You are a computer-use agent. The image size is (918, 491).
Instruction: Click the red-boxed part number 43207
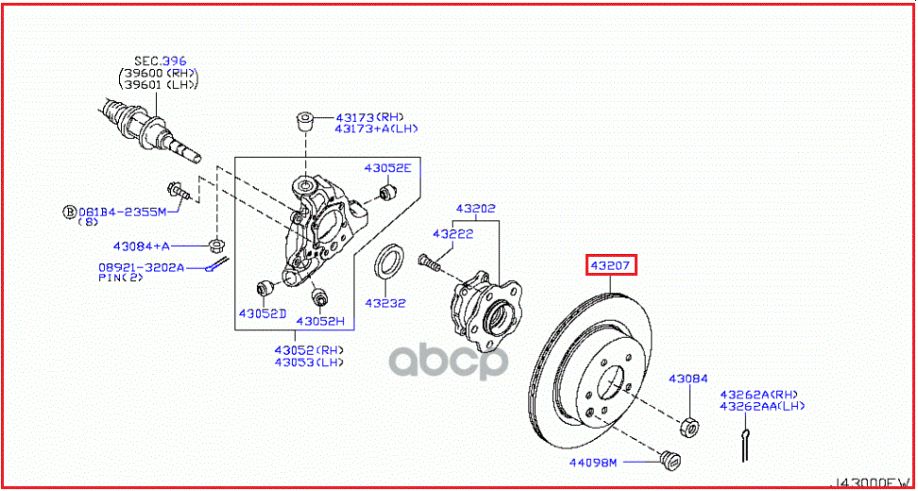(x=611, y=265)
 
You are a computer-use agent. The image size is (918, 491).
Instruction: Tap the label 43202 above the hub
(x=475, y=209)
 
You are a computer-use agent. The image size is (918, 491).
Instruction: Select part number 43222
(x=452, y=233)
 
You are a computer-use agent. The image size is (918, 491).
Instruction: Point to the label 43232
(x=387, y=303)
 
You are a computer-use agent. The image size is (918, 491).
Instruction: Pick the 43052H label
(x=321, y=321)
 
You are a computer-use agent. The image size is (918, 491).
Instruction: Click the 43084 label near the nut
(x=688, y=379)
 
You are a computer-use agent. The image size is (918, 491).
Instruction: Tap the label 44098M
(x=592, y=463)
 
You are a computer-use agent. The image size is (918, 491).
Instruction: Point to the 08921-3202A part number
(x=141, y=267)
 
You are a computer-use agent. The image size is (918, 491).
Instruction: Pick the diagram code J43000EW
(x=871, y=481)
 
